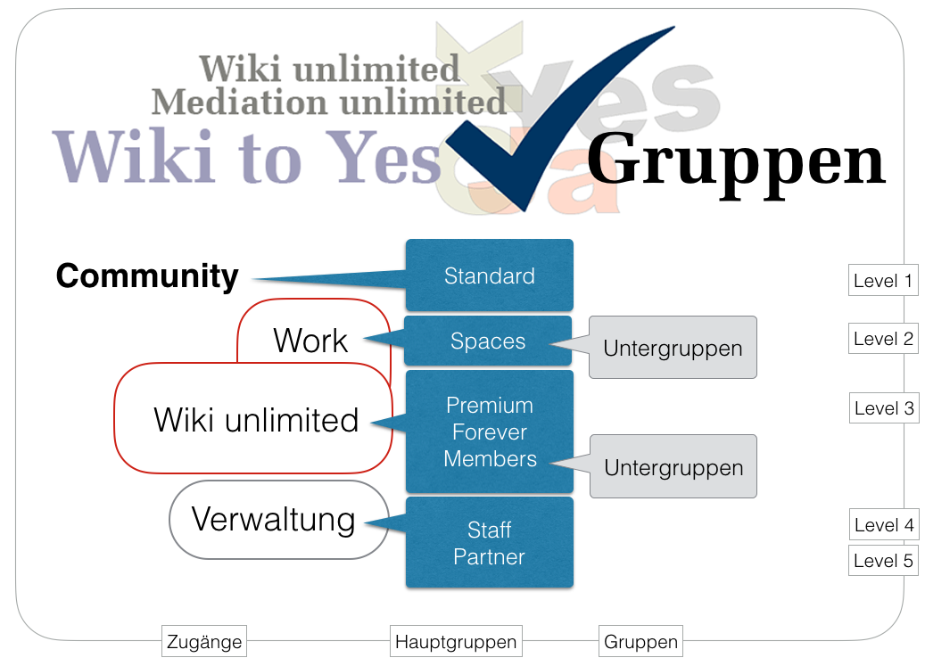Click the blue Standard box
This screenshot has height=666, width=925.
[489, 275]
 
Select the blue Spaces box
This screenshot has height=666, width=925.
[488, 341]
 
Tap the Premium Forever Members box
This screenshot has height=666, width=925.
[489, 432]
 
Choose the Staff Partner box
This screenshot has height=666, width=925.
[489, 543]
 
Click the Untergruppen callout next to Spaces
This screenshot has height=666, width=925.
[673, 348]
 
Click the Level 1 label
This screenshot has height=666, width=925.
[883, 281]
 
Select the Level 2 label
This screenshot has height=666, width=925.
[883, 339]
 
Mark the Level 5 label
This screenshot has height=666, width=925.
[883, 561]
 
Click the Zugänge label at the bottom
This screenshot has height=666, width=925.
[204, 641]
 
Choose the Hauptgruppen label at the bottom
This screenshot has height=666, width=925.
[456, 641]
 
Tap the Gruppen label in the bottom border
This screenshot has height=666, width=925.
[640, 641]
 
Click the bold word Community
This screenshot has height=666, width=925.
[147, 275]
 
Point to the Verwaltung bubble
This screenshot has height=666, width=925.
[273, 519]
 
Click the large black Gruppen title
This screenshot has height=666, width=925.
[736, 161]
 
